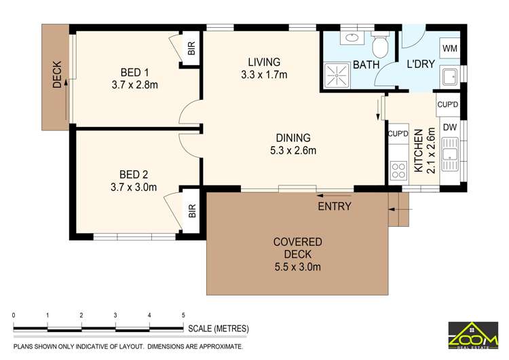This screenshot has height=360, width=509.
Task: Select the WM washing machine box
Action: pyautogui.click(x=449, y=49)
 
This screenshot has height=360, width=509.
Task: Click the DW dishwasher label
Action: pyautogui.click(x=449, y=127)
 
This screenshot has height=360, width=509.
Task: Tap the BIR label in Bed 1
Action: pyautogui.click(x=191, y=49)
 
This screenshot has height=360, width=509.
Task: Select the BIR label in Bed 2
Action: pyautogui.click(x=191, y=213)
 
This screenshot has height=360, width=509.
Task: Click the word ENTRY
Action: pyautogui.click(x=334, y=206)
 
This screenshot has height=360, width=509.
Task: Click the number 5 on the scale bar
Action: pyautogui.click(x=183, y=315)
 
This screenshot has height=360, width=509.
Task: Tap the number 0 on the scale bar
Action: pyautogui.click(x=14, y=315)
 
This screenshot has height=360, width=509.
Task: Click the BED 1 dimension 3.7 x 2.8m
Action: pyautogui.click(x=134, y=85)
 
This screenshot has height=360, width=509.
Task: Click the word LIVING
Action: pyautogui.click(x=264, y=62)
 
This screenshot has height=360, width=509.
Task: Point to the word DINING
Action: pyautogui.click(x=293, y=137)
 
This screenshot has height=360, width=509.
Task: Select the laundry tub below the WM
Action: pyautogui.click(x=449, y=77)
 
